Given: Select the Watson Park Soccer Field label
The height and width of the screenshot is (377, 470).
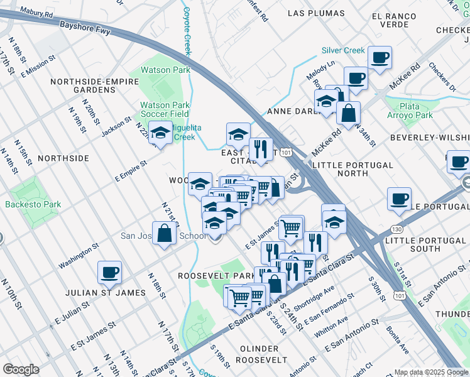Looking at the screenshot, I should [x=164, y=109].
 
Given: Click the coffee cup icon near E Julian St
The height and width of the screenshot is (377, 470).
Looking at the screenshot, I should [x=109, y=272].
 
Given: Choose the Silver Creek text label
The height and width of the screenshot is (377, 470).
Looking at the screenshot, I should [x=342, y=50].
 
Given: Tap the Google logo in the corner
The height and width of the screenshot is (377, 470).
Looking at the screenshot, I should [x=21, y=369].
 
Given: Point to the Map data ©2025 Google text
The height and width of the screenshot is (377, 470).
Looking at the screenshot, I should [x=431, y=372].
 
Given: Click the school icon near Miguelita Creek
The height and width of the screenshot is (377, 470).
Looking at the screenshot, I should [x=160, y=133].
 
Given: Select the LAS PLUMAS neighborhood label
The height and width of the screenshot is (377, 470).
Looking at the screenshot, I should [x=316, y=13].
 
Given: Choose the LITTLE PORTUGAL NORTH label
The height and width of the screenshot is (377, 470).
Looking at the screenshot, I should [x=352, y=169].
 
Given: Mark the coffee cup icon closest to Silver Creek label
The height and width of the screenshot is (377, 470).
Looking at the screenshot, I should [x=379, y=58].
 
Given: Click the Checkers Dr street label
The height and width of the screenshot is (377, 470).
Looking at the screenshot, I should [x=441, y=76].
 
